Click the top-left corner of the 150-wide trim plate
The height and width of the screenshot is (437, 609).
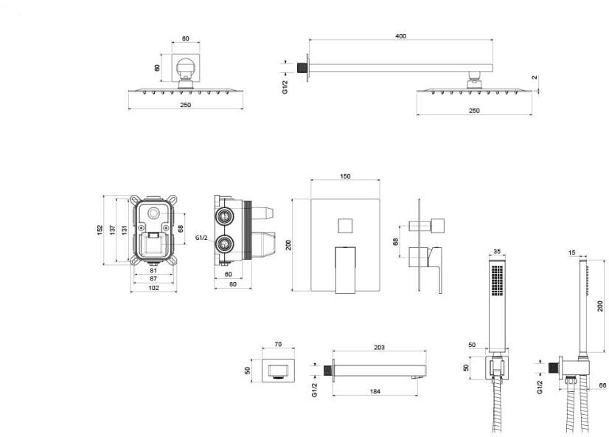click(x=311, y=199)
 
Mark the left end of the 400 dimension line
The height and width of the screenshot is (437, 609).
click(x=310, y=39)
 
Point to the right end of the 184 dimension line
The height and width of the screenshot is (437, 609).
click(x=418, y=396)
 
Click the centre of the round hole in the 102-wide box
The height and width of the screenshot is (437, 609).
click(x=153, y=213)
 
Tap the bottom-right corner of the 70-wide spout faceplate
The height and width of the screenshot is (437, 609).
click(x=294, y=382)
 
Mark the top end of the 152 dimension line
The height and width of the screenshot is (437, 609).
click(x=104, y=196)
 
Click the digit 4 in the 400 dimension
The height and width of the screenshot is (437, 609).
click(x=397, y=36)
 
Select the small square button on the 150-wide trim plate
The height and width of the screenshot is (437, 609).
click(x=345, y=225)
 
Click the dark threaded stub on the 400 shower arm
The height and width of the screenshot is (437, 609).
click(x=301, y=68)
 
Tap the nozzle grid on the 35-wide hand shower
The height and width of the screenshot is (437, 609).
click(x=497, y=281)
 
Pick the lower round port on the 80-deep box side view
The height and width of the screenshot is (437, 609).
click(x=224, y=244)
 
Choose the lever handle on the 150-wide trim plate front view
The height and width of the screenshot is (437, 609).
click(x=345, y=269)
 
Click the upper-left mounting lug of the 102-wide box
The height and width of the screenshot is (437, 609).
click(x=135, y=201)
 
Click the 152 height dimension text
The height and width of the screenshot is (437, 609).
click(x=100, y=230)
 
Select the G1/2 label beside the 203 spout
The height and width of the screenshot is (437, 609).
click(x=315, y=390)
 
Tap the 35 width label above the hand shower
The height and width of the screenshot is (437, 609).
click(x=497, y=251)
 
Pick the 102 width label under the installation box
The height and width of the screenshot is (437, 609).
click(x=153, y=288)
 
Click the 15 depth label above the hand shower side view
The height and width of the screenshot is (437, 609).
click(x=571, y=252)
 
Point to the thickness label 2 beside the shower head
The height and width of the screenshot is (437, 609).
click(x=535, y=78)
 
